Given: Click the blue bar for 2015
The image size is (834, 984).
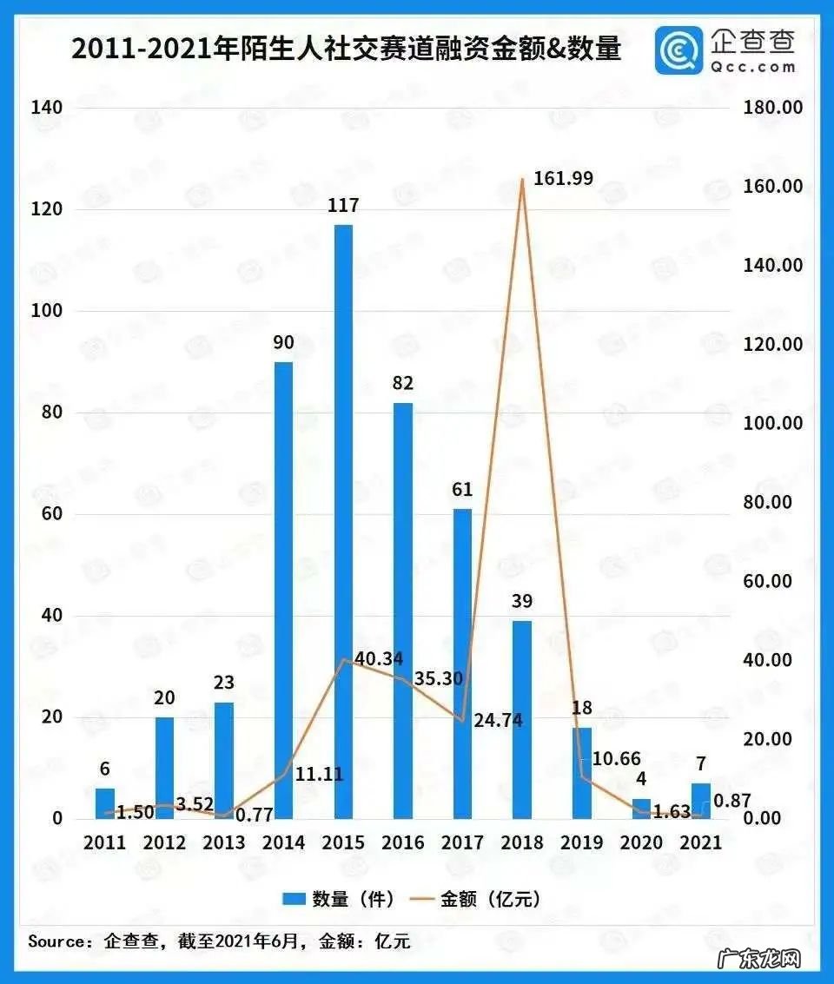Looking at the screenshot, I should click(343, 521).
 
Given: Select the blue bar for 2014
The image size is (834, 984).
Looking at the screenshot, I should click(283, 590).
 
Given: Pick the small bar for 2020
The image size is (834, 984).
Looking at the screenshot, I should click(641, 809).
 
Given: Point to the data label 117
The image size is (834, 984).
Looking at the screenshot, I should click(343, 207).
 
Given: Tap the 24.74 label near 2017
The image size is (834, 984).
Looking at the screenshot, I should click(498, 720).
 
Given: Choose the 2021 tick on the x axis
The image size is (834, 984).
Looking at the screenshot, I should click(701, 842).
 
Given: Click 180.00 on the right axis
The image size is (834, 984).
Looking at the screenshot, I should click(773, 108).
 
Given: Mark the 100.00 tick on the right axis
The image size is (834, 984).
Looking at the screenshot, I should click(773, 423).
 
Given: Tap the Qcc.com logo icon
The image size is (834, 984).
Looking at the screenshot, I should click(678, 50).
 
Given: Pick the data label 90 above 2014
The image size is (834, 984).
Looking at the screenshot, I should click(283, 343).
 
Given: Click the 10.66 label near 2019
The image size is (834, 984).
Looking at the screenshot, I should click(617, 758).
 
